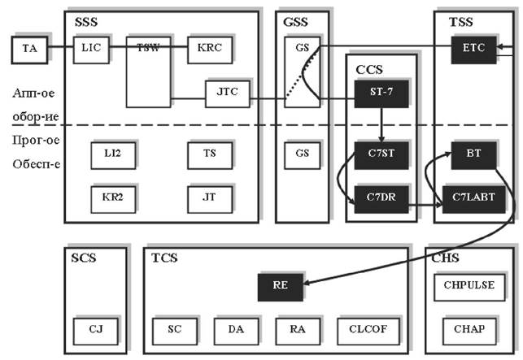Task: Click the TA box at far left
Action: coord(29,50)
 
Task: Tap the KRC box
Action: coord(209,48)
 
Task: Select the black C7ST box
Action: coord(381,153)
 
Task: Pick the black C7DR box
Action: coord(381,197)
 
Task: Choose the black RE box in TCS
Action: coord(280,286)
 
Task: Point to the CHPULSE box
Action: coord(469,286)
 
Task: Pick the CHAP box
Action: coord(469,330)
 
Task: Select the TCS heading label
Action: coord(164,258)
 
